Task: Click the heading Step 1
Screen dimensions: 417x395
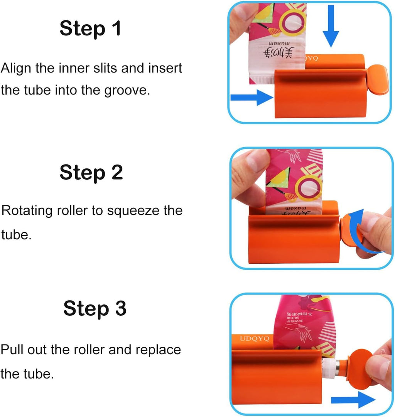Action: tap(90, 29)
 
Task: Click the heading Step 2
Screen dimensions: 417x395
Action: tap(91, 172)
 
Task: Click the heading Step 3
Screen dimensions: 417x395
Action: tap(95, 308)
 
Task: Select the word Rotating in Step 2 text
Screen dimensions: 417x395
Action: tap(27, 211)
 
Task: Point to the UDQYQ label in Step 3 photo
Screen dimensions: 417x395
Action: tap(253, 338)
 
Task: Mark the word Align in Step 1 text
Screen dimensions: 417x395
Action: tap(16, 69)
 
